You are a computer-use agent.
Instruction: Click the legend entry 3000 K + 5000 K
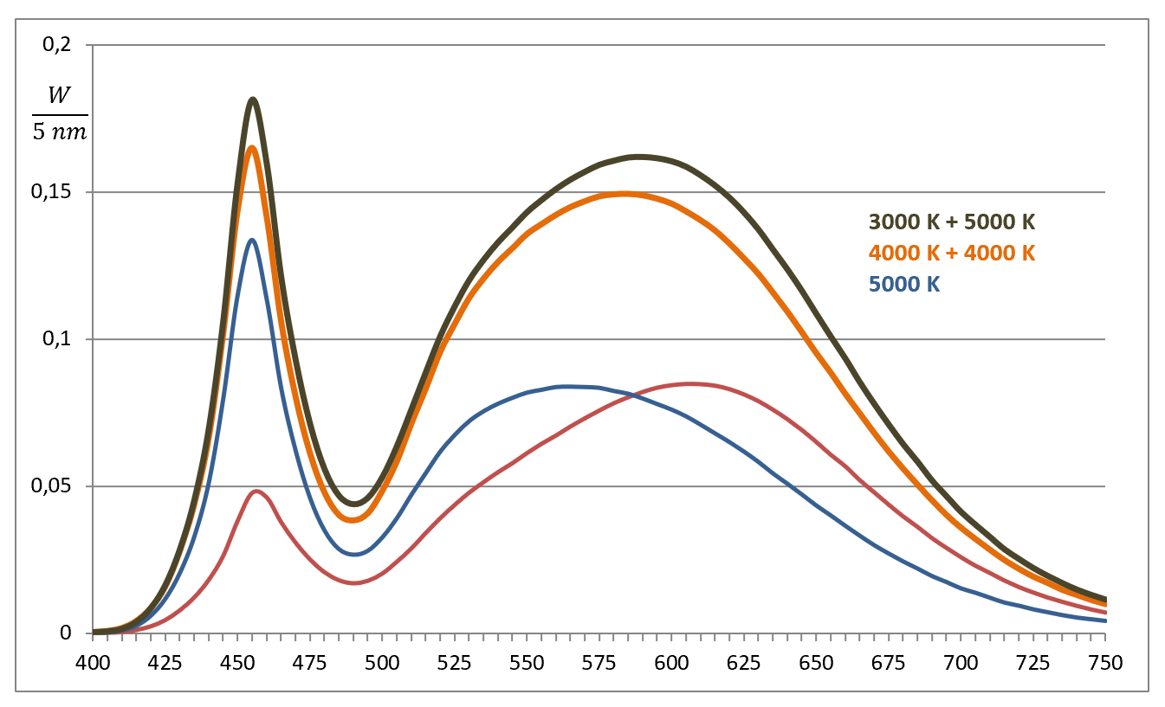tap(952, 222)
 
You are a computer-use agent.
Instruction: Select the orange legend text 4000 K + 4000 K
tap(952, 254)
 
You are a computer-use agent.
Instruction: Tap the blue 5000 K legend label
tap(903, 284)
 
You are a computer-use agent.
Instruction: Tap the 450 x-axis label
tap(237, 663)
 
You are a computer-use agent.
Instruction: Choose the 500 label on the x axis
tap(382, 663)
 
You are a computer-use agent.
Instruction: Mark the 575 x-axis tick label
tap(599, 663)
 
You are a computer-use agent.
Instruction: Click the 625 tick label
tap(743, 663)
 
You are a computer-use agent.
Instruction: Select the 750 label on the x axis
tap(1104, 663)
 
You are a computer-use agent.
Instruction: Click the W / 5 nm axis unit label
tap(60, 115)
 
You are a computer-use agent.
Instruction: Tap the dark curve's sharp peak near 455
tap(253, 100)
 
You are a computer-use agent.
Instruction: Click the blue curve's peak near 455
tap(252, 240)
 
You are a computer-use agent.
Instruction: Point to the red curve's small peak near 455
tap(256, 492)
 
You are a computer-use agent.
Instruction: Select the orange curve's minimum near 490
tap(353, 520)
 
